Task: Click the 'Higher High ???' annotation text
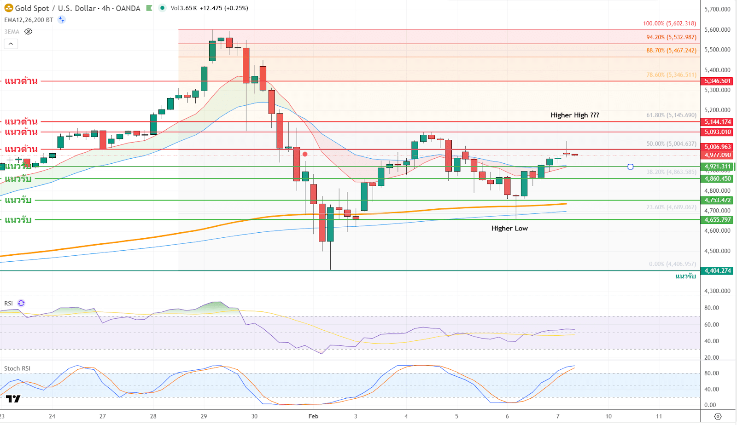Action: pyautogui.click(x=574, y=115)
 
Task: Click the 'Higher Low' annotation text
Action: pyautogui.click(x=509, y=228)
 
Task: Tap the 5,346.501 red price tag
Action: pyautogui.click(x=717, y=81)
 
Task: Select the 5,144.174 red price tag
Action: pyautogui.click(x=717, y=122)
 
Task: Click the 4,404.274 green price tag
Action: pyautogui.click(x=717, y=270)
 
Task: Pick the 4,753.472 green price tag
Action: pyautogui.click(x=717, y=200)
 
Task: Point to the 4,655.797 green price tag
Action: pyautogui.click(x=717, y=220)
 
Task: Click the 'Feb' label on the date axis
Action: pyautogui.click(x=313, y=416)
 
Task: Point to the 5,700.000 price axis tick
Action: pyautogui.click(x=717, y=9)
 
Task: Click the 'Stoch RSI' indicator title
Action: pyautogui.click(x=17, y=368)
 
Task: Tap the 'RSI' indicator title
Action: pyautogui.click(x=8, y=304)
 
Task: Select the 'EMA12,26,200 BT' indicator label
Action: pyautogui.click(x=29, y=20)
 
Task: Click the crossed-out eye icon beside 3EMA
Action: pyautogui.click(x=29, y=32)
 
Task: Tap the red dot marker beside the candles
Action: pyautogui.click(x=305, y=154)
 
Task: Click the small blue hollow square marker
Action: pyautogui.click(x=631, y=167)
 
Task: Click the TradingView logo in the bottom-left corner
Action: pyautogui.click(x=13, y=399)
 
